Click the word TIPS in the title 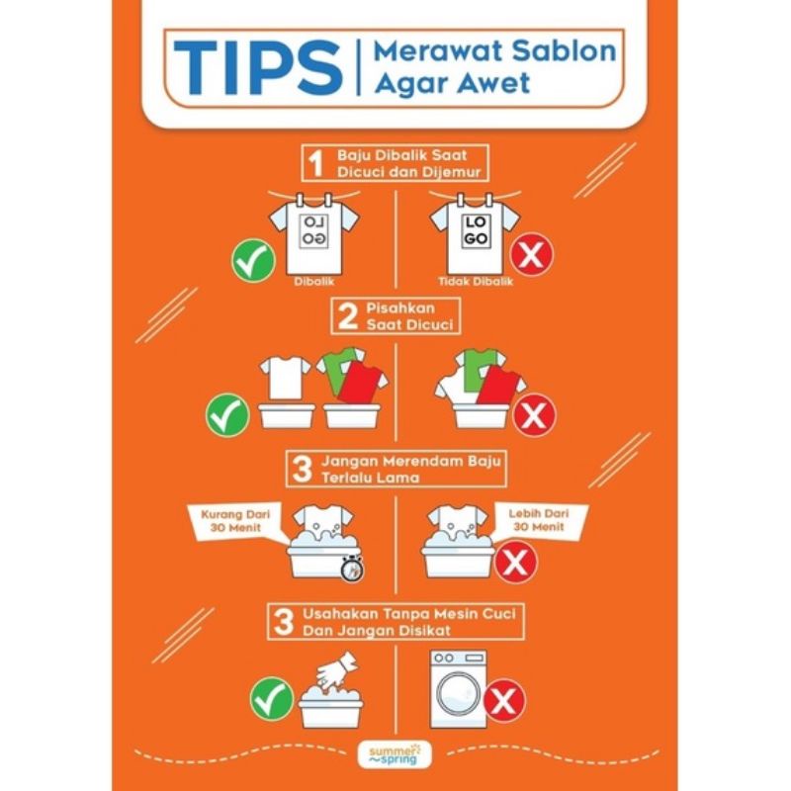(x=258, y=68)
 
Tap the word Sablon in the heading (x=564, y=51)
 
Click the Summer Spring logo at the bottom (x=395, y=754)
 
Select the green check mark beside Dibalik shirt (x=253, y=260)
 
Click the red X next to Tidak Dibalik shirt (x=531, y=255)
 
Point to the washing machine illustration (x=459, y=689)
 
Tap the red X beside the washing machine (x=504, y=700)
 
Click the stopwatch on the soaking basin (x=352, y=568)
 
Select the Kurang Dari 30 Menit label (x=235, y=521)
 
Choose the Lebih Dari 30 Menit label (x=538, y=520)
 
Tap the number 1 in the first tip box (x=315, y=162)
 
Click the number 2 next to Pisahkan (x=348, y=315)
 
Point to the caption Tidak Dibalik (x=476, y=282)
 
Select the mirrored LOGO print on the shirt (x=314, y=230)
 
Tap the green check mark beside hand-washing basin (x=271, y=699)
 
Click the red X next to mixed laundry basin (x=534, y=415)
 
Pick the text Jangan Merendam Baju (x=411, y=461)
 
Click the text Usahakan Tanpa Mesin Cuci (x=409, y=613)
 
